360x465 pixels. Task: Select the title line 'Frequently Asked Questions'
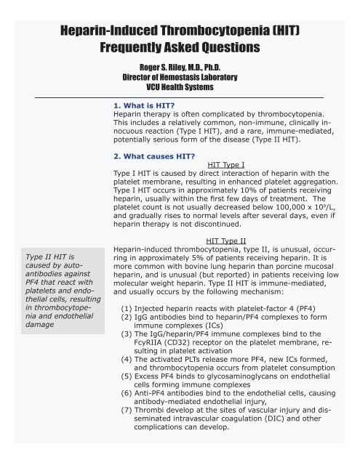point(180,49)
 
